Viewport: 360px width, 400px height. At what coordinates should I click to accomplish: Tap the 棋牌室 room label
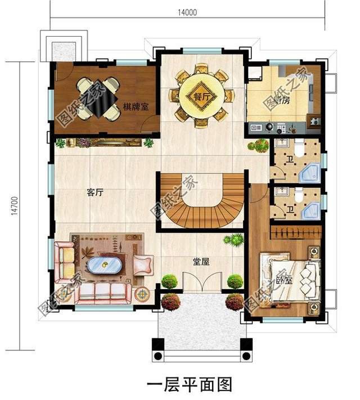(136, 107)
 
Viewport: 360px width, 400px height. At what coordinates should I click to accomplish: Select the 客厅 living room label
(95, 192)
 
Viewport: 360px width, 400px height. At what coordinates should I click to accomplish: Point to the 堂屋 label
(201, 262)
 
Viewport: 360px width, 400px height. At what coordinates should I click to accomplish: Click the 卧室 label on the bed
(284, 280)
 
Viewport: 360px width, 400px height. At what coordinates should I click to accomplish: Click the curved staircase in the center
(202, 201)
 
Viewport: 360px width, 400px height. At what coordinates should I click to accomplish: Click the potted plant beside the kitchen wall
(259, 145)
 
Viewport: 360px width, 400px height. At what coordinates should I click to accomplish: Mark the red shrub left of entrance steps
(171, 302)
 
